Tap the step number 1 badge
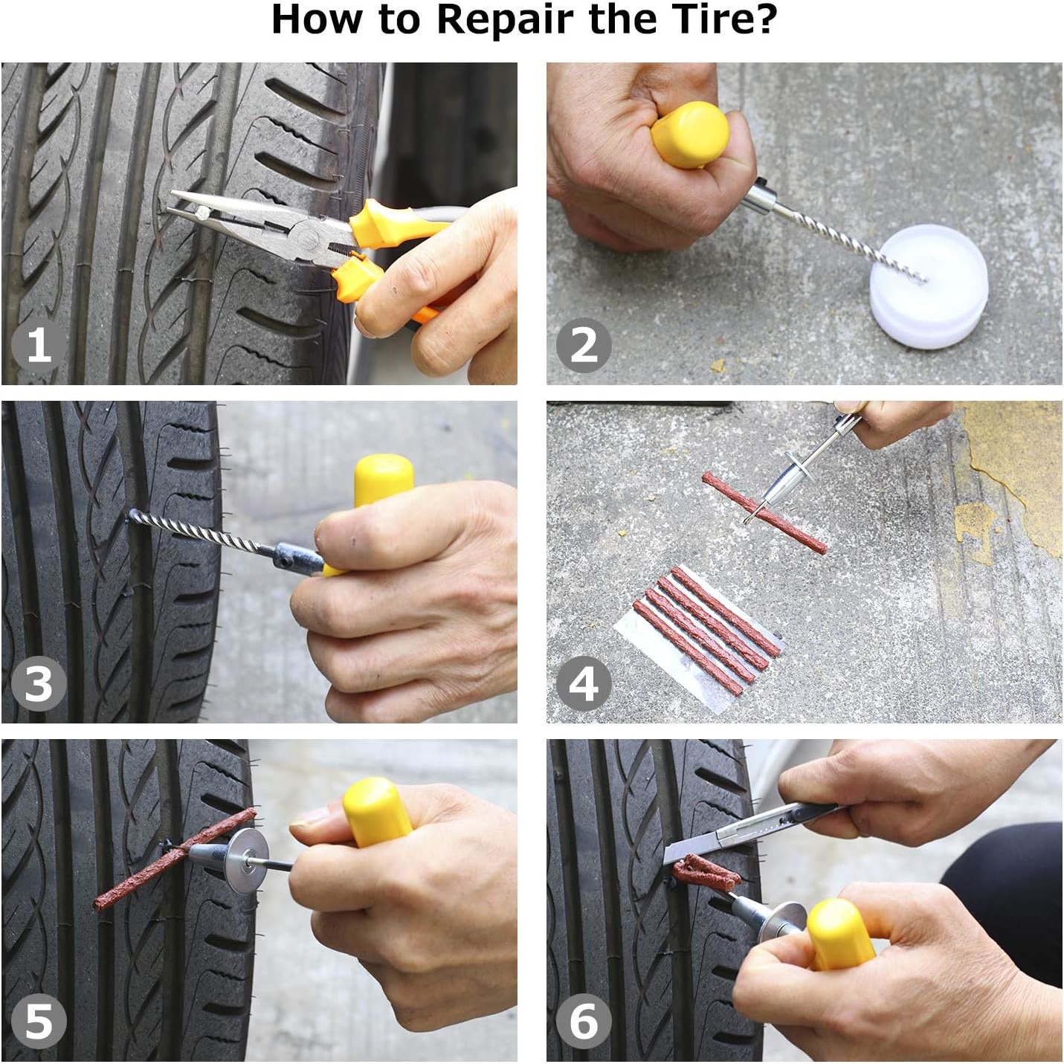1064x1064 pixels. (x=39, y=345)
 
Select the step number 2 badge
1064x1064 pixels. (x=584, y=345)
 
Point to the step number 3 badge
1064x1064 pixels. (x=39, y=683)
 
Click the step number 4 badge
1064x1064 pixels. (x=584, y=683)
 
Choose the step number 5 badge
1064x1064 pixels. (x=39, y=1022)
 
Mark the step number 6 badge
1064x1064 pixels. (x=584, y=1022)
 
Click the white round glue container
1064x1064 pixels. (x=928, y=286)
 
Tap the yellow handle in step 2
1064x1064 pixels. (x=690, y=134)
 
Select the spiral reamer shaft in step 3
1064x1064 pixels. (x=199, y=531)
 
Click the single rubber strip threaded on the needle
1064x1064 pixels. (x=765, y=512)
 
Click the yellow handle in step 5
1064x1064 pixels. (x=376, y=812)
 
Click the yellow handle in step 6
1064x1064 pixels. (x=841, y=934)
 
